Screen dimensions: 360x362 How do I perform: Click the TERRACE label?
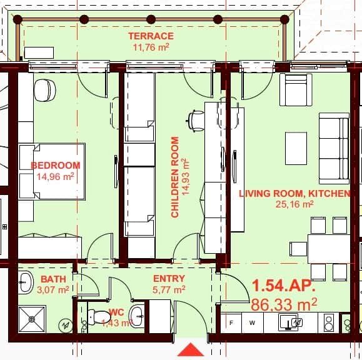(x=151, y=36)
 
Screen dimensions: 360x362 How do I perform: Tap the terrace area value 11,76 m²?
(x=151, y=47)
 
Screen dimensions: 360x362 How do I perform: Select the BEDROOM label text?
(x=56, y=166)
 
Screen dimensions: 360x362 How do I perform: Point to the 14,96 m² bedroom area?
(x=56, y=176)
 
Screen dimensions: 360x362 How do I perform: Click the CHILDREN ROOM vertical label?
(x=175, y=177)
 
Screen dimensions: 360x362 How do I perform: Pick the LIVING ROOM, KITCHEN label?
(x=294, y=194)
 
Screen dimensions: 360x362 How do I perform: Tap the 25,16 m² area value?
(x=294, y=204)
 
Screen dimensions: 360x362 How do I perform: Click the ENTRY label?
(x=169, y=279)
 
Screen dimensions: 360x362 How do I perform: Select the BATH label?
(x=53, y=279)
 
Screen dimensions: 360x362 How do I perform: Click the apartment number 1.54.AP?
(x=283, y=286)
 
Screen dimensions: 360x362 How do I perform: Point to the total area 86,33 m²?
(x=283, y=304)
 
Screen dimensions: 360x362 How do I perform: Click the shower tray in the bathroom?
(x=32, y=319)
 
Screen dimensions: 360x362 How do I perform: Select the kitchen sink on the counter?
(x=291, y=322)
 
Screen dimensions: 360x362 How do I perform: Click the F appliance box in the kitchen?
(x=232, y=323)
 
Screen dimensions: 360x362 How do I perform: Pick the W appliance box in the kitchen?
(x=252, y=323)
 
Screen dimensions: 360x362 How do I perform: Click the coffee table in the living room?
(x=296, y=148)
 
